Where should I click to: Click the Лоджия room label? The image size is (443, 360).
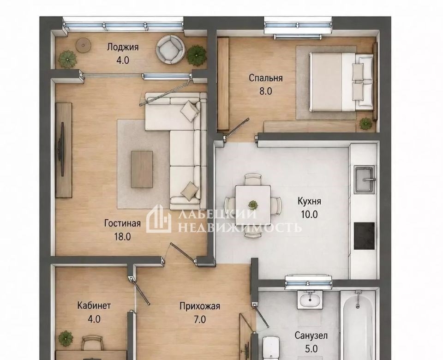[123, 47]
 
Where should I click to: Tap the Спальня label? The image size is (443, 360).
[266, 78]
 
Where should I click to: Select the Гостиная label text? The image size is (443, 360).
[122, 223]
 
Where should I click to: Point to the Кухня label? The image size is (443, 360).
[309, 201]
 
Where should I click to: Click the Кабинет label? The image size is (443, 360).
[94, 306]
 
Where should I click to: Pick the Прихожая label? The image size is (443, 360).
[200, 306]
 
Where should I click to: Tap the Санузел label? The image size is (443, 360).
[311, 336]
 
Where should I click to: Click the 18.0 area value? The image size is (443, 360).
[122, 236]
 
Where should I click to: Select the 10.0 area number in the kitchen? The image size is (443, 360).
[309, 215]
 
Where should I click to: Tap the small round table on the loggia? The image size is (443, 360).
[83, 45]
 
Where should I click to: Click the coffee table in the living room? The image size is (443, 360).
[142, 169]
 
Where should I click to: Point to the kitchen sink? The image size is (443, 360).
[365, 180]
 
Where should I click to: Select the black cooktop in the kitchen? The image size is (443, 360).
[364, 236]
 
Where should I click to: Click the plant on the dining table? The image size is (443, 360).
[252, 204]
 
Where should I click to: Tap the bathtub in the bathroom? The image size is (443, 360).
[358, 325]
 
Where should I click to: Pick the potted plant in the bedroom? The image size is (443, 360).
[366, 124]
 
